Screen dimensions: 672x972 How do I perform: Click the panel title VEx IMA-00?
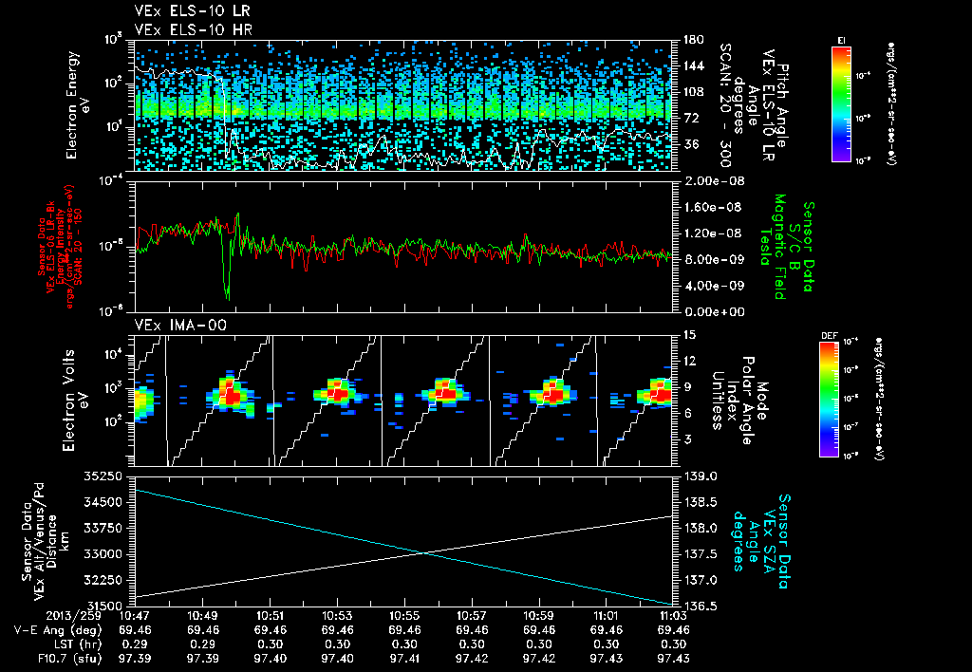click(x=172, y=325)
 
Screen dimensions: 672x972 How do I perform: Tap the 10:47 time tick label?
click(x=137, y=616)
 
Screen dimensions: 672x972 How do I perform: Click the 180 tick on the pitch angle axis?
click(x=690, y=40)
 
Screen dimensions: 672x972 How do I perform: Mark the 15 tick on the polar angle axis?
click(x=688, y=335)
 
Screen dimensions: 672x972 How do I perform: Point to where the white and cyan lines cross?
click(x=423, y=552)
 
